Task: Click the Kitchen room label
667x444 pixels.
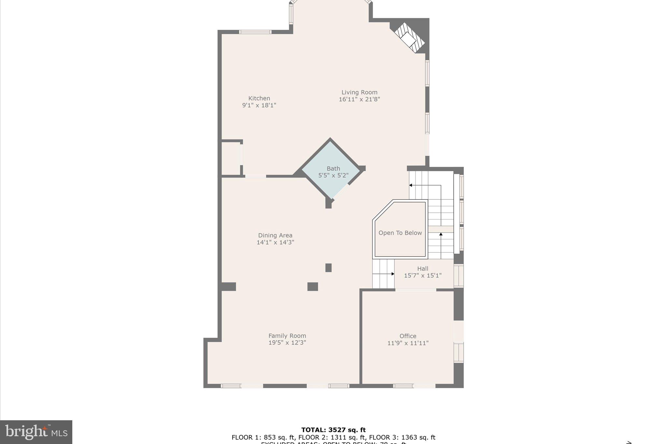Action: pos(259,98)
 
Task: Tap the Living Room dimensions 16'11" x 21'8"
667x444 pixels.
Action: pos(359,100)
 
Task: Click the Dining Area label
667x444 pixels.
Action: pos(275,235)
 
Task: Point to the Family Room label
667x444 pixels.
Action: pos(287,336)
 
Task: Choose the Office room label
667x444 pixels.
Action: pos(408,336)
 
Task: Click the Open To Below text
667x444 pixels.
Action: pos(400,233)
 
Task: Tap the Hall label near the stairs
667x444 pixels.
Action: pos(422,269)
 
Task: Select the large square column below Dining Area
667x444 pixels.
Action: pos(313,287)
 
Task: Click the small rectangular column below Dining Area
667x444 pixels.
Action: pos(328,268)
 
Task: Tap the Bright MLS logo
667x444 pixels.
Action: pos(36,432)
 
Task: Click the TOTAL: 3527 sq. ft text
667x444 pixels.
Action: pos(333,430)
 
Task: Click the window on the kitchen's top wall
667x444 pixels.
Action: pos(255,32)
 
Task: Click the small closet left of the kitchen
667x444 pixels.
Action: pos(231,158)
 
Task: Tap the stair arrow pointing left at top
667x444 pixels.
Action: pos(411,185)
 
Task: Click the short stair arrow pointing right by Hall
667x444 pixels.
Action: pos(392,274)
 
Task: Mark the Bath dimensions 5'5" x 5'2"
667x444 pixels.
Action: pos(333,175)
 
